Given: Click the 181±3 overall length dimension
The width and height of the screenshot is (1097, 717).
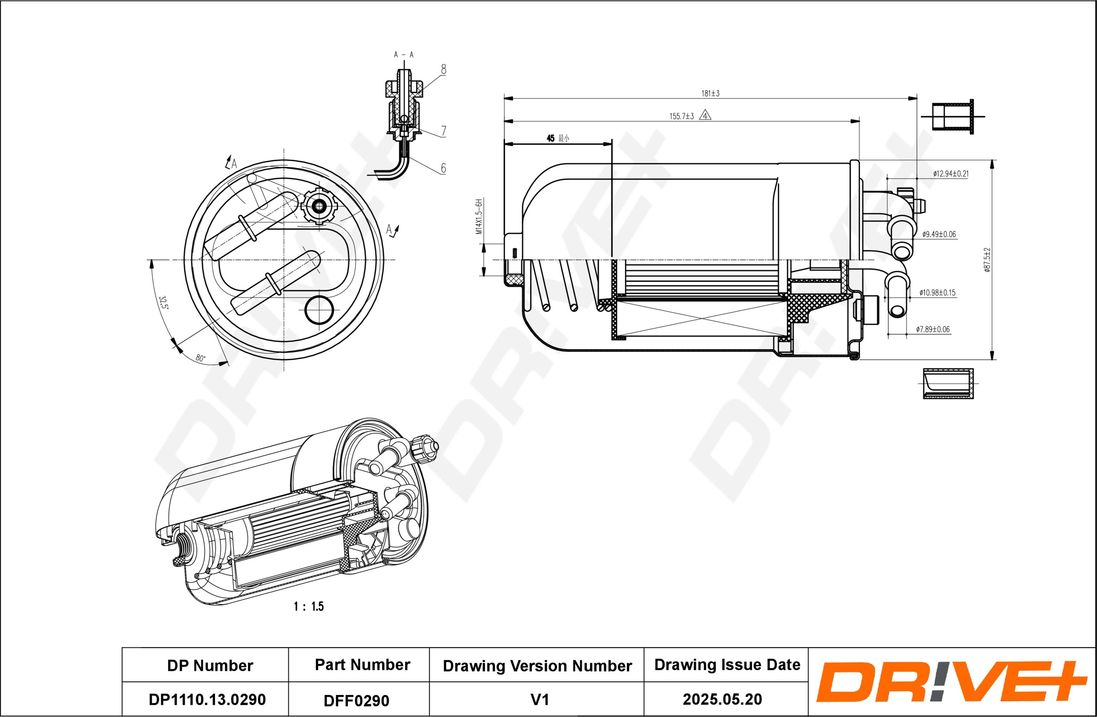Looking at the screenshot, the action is tap(710, 94).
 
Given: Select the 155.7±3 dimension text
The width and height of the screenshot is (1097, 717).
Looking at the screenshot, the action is tap(682, 116).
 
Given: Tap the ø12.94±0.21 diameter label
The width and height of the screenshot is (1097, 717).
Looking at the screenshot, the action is tap(951, 174).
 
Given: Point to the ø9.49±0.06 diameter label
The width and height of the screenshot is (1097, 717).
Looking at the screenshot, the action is tap(939, 234).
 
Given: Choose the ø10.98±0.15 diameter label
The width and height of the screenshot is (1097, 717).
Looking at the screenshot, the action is tap(938, 293).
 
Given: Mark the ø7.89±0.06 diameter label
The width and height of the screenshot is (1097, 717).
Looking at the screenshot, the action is tap(933, 329).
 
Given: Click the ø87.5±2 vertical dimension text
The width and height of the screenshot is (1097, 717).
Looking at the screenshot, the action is tap(987, 260).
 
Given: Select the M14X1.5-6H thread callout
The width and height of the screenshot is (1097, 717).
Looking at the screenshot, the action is tap(479, 217).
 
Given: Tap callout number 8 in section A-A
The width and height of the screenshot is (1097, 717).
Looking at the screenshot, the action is tap(444, 70).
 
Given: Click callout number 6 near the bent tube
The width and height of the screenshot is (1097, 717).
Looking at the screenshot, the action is tap(444, 168).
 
